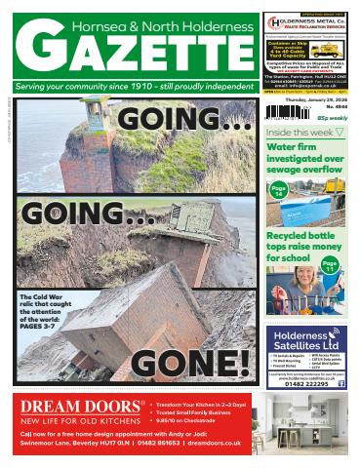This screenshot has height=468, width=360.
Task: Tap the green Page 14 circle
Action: [278, 191]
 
